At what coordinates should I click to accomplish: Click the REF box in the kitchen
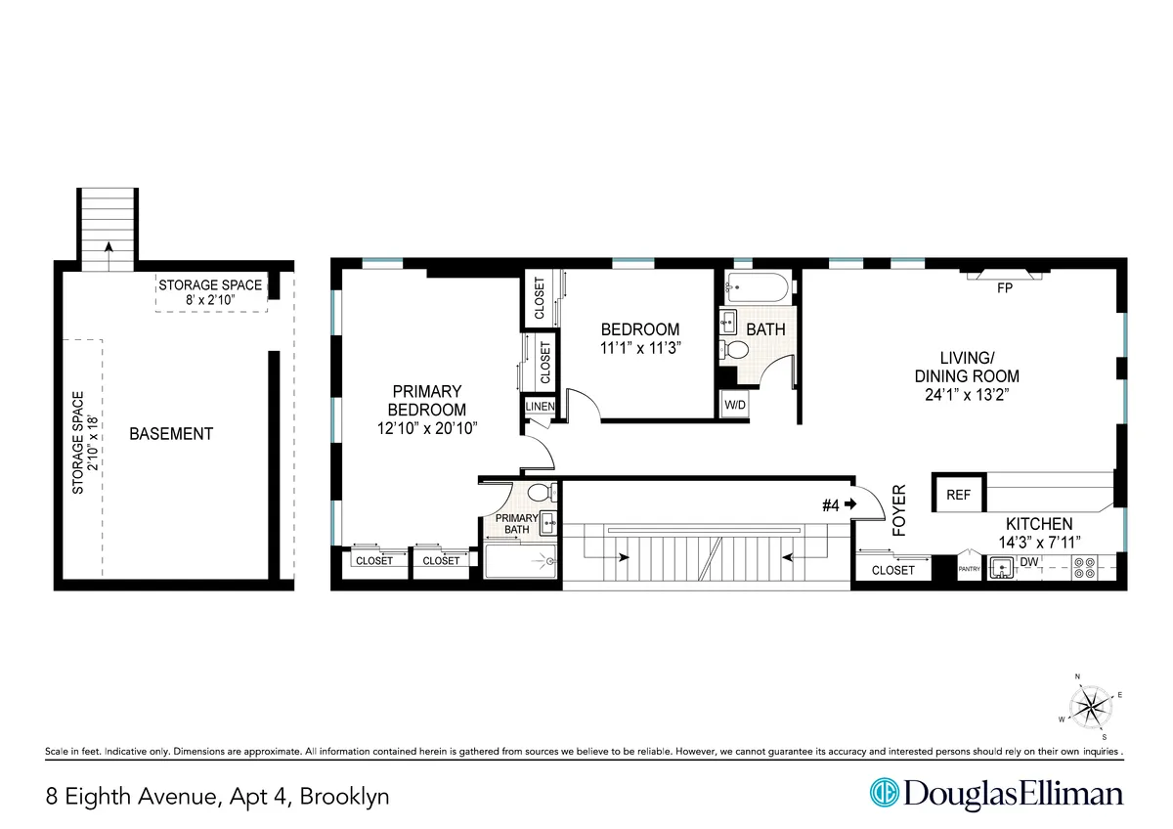pos(958,496)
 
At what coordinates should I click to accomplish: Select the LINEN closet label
pos(540,407)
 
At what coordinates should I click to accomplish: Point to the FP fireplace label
pos(1003,288)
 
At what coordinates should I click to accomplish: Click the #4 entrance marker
pos(838,504)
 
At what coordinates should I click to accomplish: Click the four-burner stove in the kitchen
pos(1083,568)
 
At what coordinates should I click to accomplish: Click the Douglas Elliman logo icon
pos(885,794)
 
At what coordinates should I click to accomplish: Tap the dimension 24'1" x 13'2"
pos(967,395)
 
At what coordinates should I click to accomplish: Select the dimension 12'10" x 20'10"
pos(425,428)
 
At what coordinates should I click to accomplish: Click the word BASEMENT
pos(171,433)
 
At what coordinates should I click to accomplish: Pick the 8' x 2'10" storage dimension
pos(212,300)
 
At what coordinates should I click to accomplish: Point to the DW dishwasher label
pos(1027,562)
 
